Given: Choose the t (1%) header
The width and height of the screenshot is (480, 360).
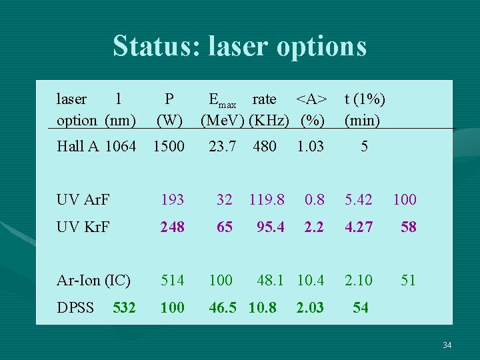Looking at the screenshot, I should tap(364, 99).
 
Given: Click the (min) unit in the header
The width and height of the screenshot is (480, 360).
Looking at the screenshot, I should tap(362, 121).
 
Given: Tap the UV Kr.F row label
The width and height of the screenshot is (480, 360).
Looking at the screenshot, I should tap(83, 227).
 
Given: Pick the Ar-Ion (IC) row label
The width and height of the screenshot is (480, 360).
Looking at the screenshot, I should tap(93, 281).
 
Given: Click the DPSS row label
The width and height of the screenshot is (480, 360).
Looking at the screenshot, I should tap(75, 308).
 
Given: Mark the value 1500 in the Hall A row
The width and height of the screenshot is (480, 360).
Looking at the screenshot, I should tap(169, 146).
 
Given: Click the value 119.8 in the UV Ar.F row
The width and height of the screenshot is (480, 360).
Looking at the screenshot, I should tap(267, 199).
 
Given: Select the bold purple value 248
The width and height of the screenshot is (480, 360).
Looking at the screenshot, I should tap(173, 227).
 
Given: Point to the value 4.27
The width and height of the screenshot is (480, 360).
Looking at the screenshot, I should tap(358, 227).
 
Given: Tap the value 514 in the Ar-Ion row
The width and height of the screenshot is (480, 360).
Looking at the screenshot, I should tap(173, 281).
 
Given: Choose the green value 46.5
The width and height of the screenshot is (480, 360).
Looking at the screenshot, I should tap(225, 308).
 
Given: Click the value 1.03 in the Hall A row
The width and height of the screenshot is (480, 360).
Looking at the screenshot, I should tap(310, 146).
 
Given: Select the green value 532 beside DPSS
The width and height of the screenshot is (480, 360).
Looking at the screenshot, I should tap(125, 308).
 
